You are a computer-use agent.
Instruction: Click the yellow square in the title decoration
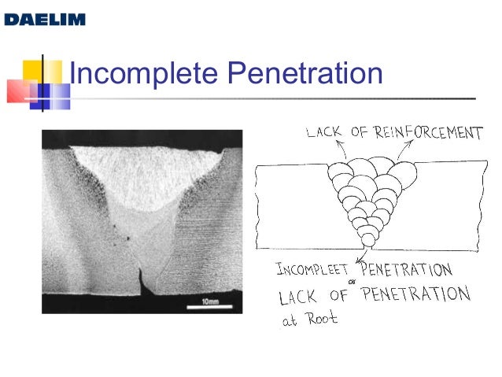pos(31,71)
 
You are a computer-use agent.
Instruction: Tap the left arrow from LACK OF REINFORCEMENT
pos(339,150)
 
